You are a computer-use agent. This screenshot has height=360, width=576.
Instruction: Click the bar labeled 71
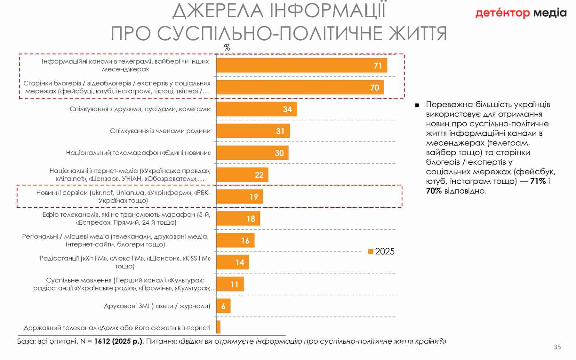coord(301,65)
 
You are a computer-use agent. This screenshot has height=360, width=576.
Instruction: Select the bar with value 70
coord(300,87)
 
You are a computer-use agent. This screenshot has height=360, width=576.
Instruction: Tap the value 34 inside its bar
coord(287,109)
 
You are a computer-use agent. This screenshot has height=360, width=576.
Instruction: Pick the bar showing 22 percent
coord(242,175)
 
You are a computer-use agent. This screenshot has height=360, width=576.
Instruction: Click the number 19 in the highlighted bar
coord(254,197)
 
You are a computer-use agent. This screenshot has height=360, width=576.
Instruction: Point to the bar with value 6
coord(223,306)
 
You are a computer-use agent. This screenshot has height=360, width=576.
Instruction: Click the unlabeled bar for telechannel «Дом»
coord(218,327)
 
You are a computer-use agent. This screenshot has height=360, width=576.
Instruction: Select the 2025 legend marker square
coord(371,252)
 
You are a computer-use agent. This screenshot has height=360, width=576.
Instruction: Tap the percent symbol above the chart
coord(227,48)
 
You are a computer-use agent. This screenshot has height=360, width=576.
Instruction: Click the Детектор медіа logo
coord(521,13)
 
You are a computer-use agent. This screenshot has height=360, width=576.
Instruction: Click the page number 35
coord(557,347)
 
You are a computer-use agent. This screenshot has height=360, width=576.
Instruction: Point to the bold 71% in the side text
coord(538,181)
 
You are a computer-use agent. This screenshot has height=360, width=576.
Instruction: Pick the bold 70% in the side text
coord(434,191)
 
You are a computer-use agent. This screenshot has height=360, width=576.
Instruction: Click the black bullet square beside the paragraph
coord(417,105)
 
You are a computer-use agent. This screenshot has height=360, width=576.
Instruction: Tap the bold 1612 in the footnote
coord(102,341)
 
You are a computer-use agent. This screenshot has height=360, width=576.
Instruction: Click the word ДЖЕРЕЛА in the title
coord(218,11)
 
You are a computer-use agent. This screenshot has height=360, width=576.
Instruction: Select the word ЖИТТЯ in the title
coord(418,33)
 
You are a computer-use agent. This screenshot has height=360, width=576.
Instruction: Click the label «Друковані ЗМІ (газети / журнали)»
coord(157,306)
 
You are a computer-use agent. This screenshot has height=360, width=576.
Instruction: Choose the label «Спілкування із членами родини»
coord(160,131)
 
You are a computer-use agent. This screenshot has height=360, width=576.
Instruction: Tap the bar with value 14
coord(232,262)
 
